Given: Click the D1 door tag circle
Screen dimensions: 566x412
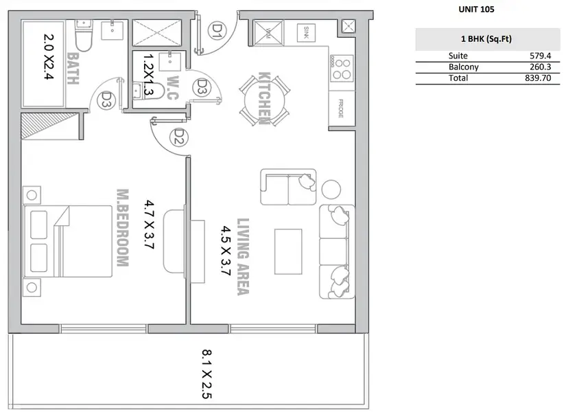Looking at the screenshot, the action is [217, 30].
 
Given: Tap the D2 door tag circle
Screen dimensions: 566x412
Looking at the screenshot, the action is [178, 137].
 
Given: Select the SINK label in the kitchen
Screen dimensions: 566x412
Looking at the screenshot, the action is [306, 32].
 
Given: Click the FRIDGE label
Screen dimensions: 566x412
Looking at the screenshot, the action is [341, 108].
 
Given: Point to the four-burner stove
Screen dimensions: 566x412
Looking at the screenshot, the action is [341, 69].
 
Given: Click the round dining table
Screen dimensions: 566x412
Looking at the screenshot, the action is [264, 100].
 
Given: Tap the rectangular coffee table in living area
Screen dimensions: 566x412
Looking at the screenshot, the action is [288, 251].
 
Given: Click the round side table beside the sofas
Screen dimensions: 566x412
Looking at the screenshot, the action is [331, 190].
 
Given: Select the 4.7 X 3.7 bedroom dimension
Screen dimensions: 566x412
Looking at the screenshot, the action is [149, 225].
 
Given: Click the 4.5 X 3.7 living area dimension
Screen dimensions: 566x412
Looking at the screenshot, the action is [226, 251].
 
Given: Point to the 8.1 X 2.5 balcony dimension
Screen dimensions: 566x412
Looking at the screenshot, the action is [207, 374].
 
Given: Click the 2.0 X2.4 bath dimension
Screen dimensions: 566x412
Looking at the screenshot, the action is [49, 56].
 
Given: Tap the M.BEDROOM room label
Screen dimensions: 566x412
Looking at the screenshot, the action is [123, 228].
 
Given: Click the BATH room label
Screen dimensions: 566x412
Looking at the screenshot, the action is [73, 69].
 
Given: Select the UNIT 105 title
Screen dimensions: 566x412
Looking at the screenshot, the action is [476, 10].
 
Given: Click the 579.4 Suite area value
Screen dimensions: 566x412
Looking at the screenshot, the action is [540, 56].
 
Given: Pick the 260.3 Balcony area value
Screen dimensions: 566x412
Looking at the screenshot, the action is [540, 67].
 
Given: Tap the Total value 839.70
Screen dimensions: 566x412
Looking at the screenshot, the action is [538, 78].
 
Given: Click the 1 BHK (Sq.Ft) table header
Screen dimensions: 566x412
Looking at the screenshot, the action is [486, 39].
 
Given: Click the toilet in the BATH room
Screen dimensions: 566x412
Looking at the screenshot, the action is [84, 35].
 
